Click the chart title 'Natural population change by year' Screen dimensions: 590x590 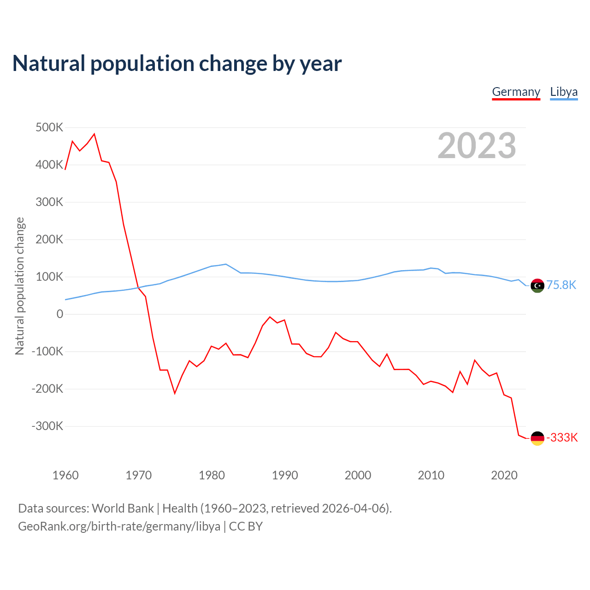point(177,64)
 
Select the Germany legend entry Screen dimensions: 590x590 point(516,92)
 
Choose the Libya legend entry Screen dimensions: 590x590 point(564,92)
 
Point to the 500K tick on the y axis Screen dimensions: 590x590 point(49,127)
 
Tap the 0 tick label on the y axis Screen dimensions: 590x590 point(60,314)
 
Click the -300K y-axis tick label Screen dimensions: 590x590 point(47,426)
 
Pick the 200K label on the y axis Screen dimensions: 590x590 point(49,239)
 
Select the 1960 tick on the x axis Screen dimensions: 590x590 point(65,475)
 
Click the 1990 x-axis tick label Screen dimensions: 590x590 point(285,475)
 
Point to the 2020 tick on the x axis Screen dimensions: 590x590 point(504,475)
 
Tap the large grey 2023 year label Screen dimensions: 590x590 point(477,146)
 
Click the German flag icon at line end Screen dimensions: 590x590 point(537,438)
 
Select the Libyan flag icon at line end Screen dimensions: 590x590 point(537,286)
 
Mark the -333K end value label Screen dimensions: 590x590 point(562,437)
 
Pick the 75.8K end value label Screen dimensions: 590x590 point(561,285)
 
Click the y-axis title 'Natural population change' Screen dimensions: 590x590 point(19,286)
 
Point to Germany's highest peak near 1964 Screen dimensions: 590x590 point(94,134)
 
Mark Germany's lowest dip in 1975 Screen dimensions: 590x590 point(175,393)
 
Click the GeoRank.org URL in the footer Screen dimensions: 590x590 point(119,526)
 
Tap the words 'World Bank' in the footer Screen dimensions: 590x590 point(123,508)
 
